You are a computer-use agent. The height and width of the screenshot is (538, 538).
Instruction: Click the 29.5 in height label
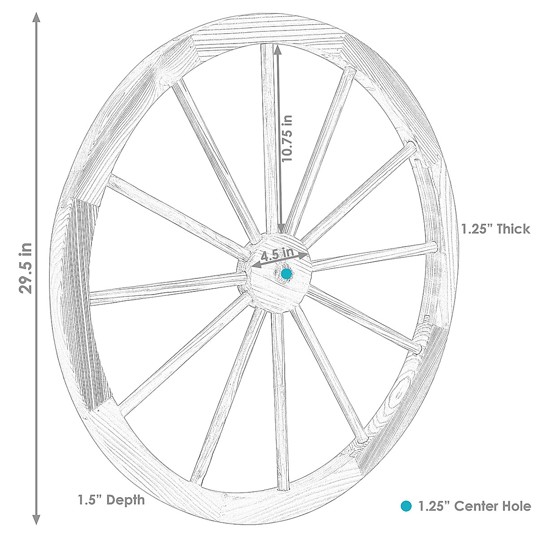tap(26, 268)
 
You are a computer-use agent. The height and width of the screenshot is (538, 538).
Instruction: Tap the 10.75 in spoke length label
tap(287, 139)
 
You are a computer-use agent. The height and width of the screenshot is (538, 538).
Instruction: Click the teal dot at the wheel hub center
tap(286, 274)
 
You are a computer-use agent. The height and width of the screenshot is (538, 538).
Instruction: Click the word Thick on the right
tap(513, 229)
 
